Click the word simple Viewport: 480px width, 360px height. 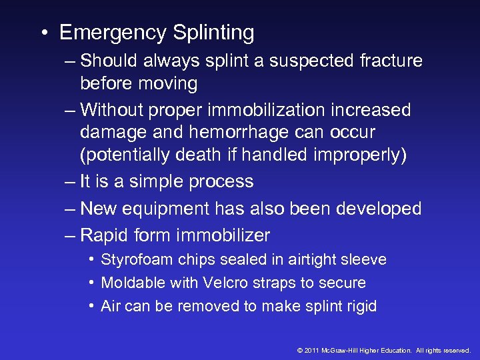point(156,182)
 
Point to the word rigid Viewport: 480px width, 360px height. point(360,307)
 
